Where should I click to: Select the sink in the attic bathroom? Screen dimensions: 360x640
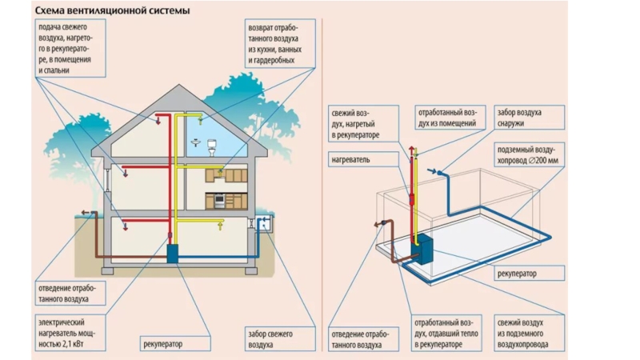click(196, 144)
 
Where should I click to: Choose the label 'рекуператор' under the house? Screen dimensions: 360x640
click(163, 345)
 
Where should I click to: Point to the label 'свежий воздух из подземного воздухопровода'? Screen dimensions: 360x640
click(525, 330)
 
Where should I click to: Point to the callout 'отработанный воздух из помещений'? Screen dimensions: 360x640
click(448, 118)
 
